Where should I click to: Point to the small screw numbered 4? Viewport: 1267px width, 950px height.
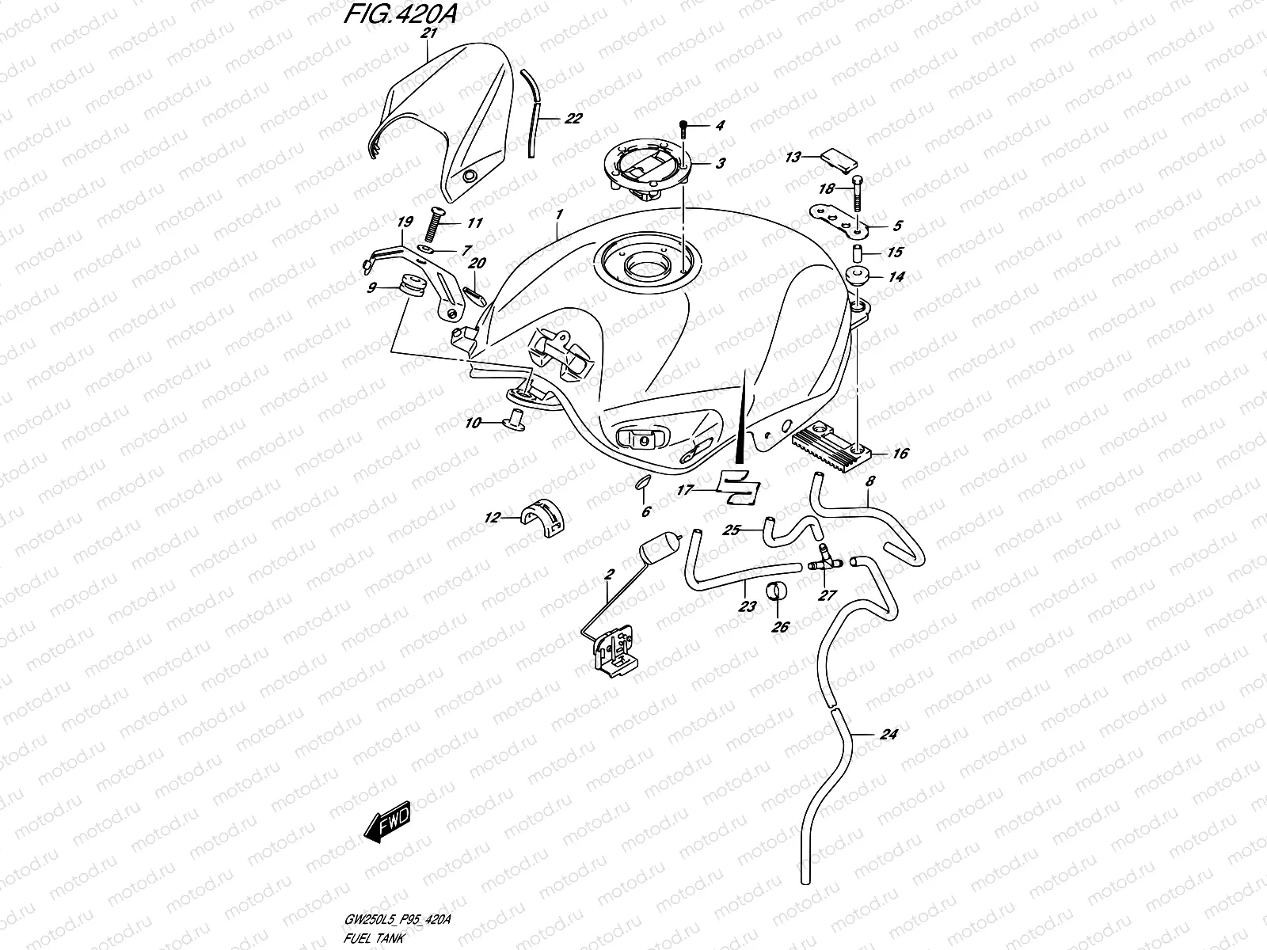[683, 126]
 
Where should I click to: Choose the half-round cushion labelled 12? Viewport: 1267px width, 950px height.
[540, 518]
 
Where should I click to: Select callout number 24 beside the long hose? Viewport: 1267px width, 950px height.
[888, 735]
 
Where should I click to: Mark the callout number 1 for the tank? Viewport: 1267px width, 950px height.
[559, 215]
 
